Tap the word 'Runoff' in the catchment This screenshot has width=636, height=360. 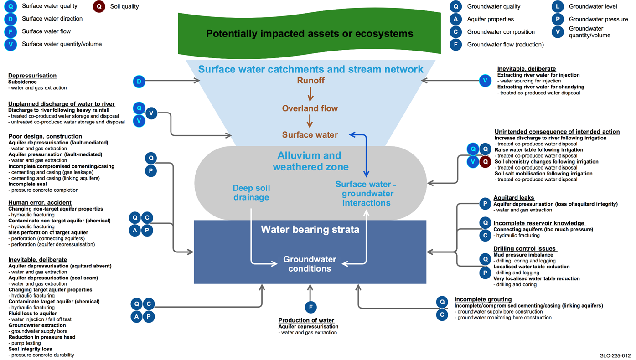310,81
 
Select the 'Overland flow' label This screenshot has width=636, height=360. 310,108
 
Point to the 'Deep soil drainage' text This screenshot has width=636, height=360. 251,193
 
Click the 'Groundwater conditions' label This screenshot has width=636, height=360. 310,264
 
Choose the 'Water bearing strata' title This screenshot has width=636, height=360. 310,230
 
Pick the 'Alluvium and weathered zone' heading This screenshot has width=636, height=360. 310,161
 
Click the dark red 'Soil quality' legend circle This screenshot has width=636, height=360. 99,6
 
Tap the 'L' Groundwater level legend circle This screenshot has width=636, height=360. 558,6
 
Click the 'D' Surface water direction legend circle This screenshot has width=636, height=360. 10,19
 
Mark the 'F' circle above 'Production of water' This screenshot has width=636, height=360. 310,307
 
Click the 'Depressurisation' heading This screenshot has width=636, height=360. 32,76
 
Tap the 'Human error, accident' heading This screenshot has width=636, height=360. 40,202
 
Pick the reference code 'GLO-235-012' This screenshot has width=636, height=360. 615,355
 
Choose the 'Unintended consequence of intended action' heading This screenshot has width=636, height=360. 557,132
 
